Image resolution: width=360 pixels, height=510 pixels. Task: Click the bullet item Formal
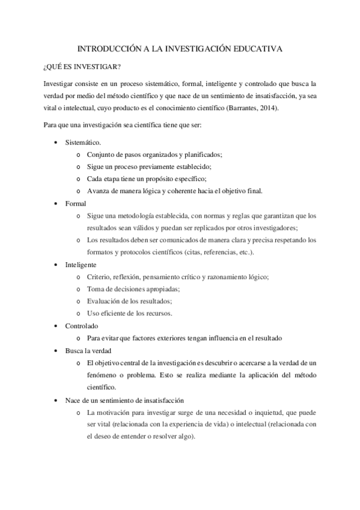76,203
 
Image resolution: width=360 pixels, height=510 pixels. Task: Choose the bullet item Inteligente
81,265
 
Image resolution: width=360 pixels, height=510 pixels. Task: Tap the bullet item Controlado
82,325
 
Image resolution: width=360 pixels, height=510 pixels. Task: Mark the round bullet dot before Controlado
56,325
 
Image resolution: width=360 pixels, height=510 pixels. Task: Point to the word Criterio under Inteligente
100,277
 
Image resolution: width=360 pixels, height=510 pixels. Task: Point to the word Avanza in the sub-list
99,191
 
